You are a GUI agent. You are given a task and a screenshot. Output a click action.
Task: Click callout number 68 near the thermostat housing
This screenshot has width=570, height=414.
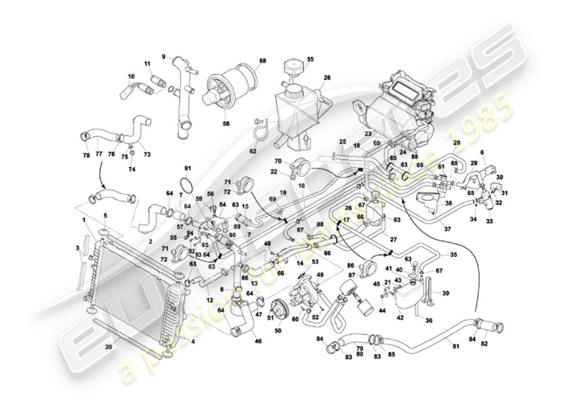(262, 61)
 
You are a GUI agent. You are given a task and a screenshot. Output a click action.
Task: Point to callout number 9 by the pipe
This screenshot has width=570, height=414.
(163, 56)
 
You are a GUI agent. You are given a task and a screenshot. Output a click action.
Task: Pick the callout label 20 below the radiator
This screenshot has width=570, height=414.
(107, 347)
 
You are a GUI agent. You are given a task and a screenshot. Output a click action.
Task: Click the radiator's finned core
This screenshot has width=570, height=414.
(132, 279)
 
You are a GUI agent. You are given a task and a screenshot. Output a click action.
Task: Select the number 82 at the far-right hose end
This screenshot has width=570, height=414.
(498, 343)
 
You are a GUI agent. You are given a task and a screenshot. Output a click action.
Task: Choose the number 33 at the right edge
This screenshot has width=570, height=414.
(489, 221)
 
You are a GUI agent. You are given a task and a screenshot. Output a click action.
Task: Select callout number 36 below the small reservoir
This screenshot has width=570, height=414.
(429, 320)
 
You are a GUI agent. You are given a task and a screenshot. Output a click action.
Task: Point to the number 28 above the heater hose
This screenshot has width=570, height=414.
(457, 142)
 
